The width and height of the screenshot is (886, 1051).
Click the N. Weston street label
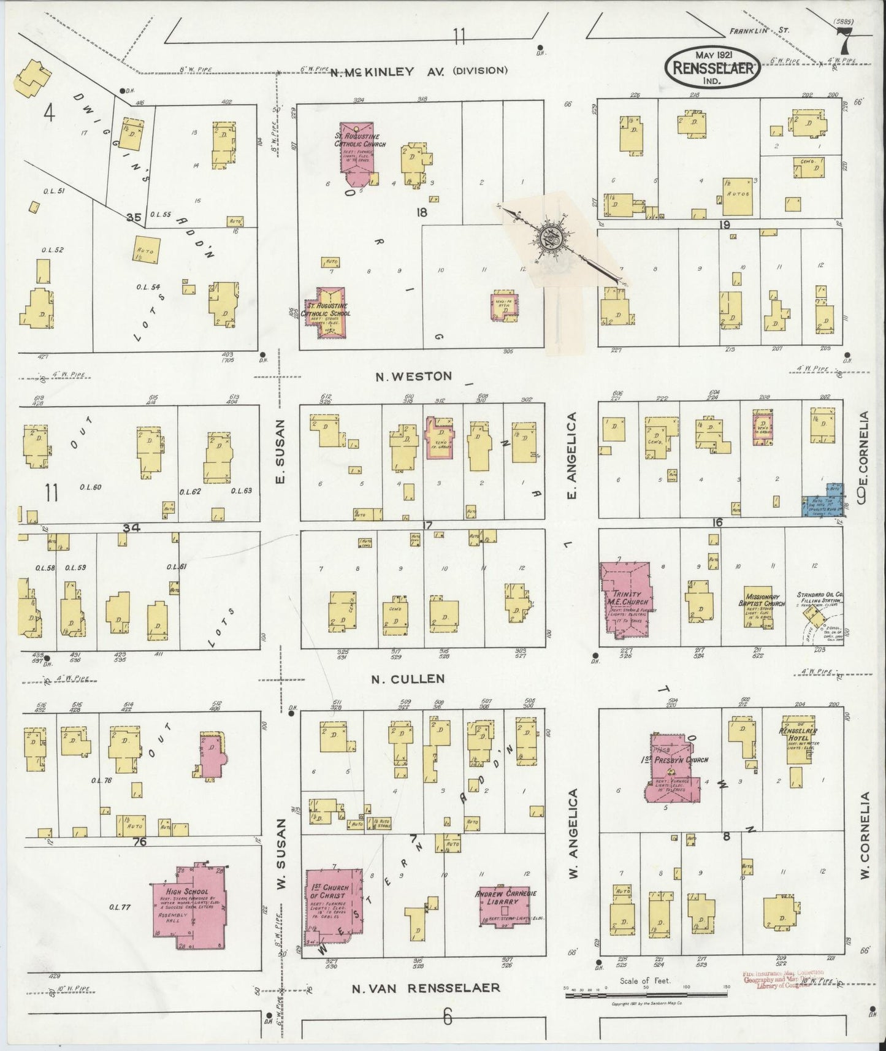[x=414, y=376]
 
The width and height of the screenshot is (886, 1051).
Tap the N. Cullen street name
[x=408, y=679]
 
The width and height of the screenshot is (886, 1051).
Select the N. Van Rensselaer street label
[x=426, y=988]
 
